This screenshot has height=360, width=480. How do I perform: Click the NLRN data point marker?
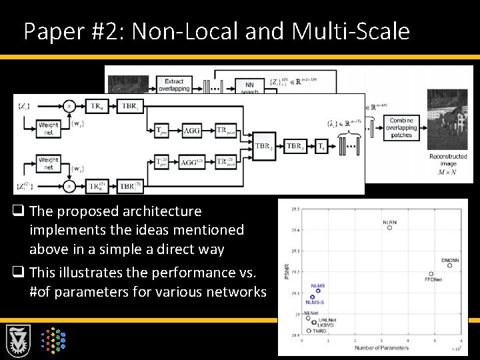(389, 227)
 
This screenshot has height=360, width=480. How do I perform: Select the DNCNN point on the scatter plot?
(450, 265)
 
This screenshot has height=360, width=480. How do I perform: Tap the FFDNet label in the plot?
(433, 280)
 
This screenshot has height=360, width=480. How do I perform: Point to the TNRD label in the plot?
(319, 331)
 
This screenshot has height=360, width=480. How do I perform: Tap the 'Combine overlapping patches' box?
(401, 128)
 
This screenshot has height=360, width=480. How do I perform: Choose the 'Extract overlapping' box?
(175, 85)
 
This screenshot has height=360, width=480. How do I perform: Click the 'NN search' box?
(249, 88)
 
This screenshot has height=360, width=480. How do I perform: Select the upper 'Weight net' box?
(49, 128)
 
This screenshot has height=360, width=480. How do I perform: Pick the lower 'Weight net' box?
(49, 163)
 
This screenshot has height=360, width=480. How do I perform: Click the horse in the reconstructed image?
(448, 119)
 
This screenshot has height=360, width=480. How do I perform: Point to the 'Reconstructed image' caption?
(448, 160)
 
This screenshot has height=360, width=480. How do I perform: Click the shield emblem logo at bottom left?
(19, 343)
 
